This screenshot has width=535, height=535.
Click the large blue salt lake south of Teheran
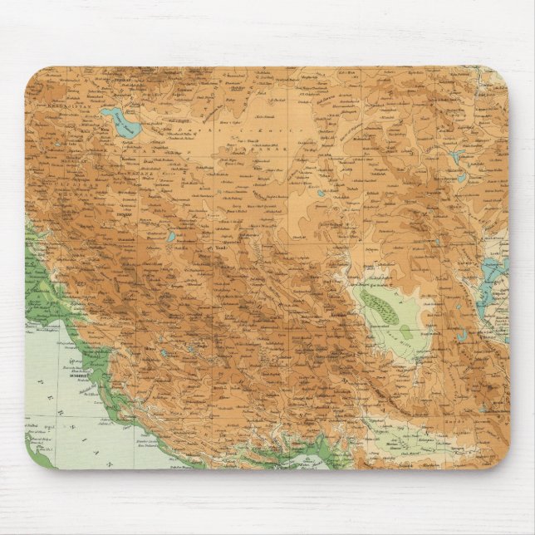click(x=124, y=125)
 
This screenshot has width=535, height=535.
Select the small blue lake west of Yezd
click(x=170, y=237)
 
